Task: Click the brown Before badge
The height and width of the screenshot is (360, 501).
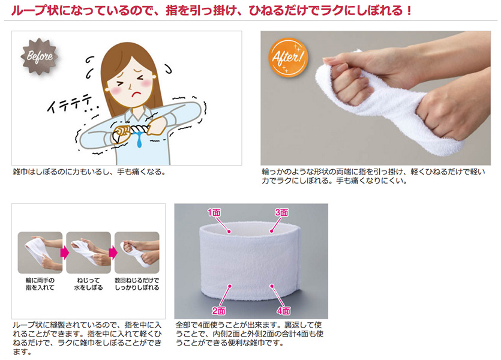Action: pyautogui.click(x=40, y=56)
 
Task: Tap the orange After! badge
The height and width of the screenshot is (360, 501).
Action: pyautogui.click(x=287, y=57)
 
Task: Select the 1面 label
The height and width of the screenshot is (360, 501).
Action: pyautogui.click(x=214, y=212)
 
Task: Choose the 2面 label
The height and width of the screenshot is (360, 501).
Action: pyautogui.click(x=218, y=310)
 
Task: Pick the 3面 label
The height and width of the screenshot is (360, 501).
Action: pyautogui.click(x=281, y=212)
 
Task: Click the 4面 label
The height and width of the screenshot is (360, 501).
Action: pyautogui.click(x=283, y=310)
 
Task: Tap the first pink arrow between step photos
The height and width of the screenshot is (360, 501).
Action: pyautogui.click(x=65, y=253)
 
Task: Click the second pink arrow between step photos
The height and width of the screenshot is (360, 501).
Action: pyautogui.click(x=113, y=253)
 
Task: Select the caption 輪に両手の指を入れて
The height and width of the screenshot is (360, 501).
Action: pyautogui.click(x=40, y=284)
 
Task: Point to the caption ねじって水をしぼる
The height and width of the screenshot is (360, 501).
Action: pyautogui.click(x=89, y=284)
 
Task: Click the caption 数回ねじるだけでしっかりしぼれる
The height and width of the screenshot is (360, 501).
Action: pyautogui.click(x=137, y=284)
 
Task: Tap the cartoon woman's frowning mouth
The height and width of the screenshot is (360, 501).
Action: pyautogui.click(x=136, y=94)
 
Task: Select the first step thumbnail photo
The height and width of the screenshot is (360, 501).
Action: pyautogui.click(x=40, y=253)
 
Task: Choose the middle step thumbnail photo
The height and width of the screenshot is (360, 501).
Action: pyautogui.click(x=89, y=253)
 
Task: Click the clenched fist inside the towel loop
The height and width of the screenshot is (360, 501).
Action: pyautogui.click(x=349, y=83)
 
